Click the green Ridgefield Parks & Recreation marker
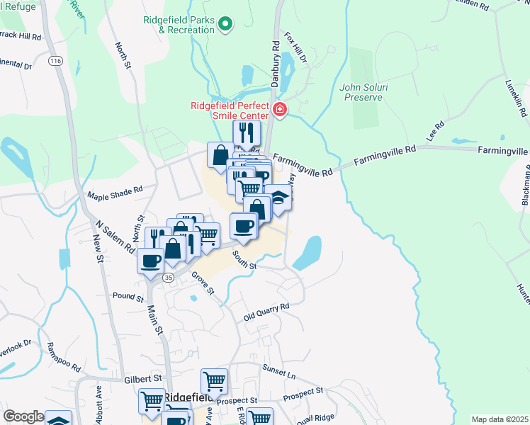225,24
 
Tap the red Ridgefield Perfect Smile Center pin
280,110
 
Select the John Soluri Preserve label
362,92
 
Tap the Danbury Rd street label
274,63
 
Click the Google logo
23,416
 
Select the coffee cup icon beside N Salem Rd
151,260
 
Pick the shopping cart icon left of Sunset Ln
214,381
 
